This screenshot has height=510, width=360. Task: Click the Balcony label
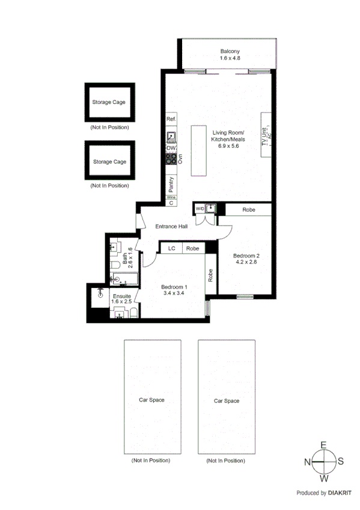230,52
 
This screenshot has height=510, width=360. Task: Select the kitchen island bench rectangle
199,150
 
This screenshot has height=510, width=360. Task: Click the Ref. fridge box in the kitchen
171,120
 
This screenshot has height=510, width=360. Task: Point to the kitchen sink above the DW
171,137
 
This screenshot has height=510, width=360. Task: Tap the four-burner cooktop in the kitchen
171,159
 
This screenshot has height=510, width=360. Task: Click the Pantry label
171,183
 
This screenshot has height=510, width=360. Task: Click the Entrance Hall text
172,227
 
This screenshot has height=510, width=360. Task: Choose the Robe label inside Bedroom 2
248,210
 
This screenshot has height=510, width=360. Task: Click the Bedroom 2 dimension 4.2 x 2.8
246,262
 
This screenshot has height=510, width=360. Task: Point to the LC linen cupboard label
171,248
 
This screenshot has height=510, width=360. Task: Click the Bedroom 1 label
174,287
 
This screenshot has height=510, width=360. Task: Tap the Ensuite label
122,295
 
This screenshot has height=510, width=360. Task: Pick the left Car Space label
151,399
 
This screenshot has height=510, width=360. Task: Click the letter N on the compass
307,462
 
